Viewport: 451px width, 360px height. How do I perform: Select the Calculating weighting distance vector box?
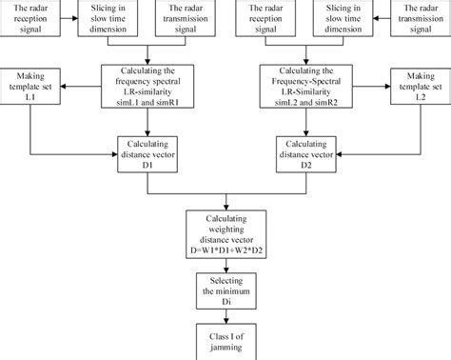click(225, 233)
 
